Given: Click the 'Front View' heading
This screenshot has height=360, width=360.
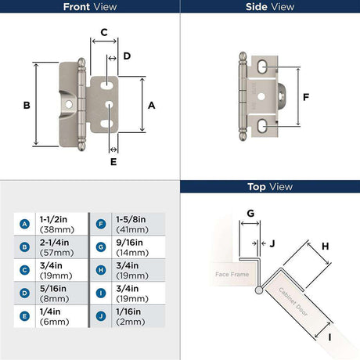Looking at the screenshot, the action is [x=90, y=7].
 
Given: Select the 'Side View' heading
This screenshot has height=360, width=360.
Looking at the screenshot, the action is [x=270, y=7].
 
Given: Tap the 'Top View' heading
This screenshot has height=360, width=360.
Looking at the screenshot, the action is [x=270, y=187].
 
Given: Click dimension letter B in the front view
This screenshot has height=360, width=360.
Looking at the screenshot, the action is [x=27, y=105].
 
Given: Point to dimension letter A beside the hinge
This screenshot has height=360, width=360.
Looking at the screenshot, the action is [x=152, y=106].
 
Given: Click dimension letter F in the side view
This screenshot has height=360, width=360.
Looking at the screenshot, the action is [x=306, y=97].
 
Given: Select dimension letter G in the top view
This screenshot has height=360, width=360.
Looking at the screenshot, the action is [x=250, y=214].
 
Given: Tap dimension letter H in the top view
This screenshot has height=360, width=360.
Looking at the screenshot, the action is [x=325, y=247].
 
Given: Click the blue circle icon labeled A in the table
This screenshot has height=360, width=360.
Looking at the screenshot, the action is [x=24, y=224].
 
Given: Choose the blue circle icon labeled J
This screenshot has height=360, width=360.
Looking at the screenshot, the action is [x=101, y=316].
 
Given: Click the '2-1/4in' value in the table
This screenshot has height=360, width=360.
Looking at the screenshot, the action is [x=55, y=243].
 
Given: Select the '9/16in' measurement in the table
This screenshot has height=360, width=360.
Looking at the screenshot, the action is [x=129, y=243].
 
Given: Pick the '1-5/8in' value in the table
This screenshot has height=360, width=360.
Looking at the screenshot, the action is [x=131, y=219].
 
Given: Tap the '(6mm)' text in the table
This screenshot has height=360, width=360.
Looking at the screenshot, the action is [x=55, y=322].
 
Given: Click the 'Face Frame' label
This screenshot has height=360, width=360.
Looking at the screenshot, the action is [x=232, y=274].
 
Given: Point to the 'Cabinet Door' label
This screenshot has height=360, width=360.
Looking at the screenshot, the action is [x=293, y=302].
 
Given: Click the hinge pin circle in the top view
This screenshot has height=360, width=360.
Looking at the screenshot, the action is [x=259, y=290].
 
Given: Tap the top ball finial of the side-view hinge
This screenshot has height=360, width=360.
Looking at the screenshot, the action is [x=243, y=56].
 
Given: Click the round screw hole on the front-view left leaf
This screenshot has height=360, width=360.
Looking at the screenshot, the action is [x=69, y=105].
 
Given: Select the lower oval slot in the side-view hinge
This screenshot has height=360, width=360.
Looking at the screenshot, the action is [x=261, y=126].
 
